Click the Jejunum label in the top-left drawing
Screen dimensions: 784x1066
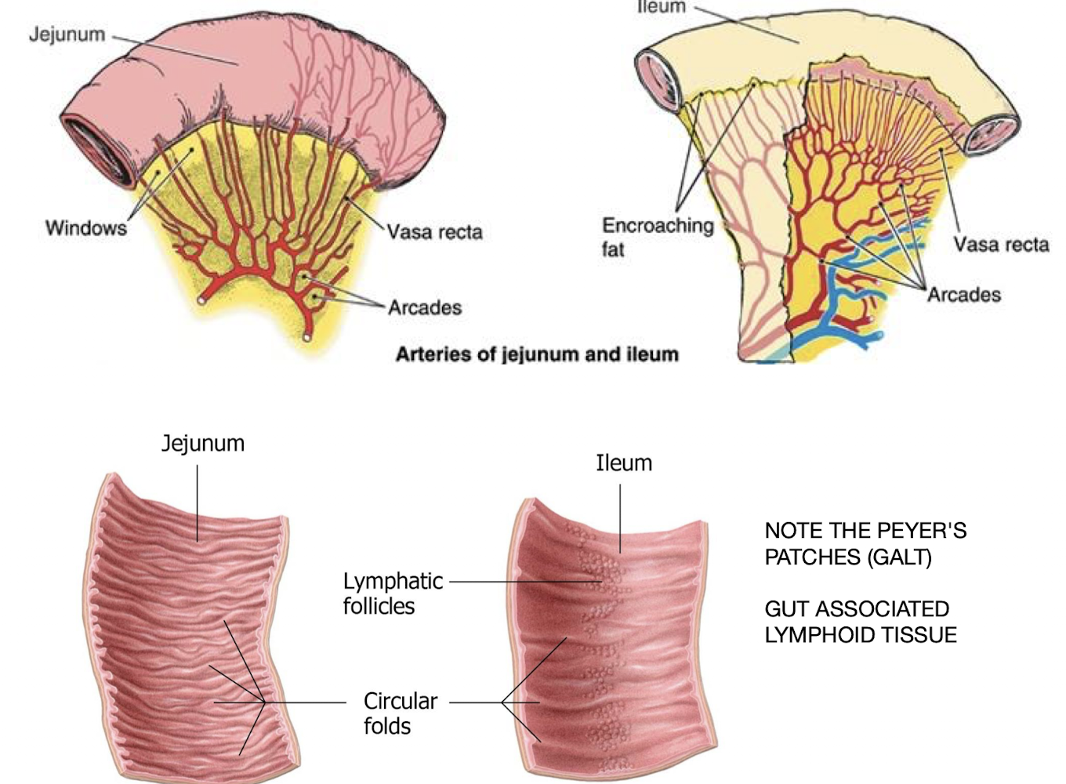click(67, 34)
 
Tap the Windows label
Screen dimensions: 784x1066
click(85, 228)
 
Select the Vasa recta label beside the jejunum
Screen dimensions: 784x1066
click(434, 232)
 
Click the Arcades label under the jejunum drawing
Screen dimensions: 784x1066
click(424, 307)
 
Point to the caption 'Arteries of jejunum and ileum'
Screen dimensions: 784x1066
click(537, 354)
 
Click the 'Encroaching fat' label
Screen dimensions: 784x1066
click(657, 237)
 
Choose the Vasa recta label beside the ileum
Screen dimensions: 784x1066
click(1001, 245)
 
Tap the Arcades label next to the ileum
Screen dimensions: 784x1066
click(964, 295)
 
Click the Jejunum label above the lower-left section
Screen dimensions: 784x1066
click(203, 444)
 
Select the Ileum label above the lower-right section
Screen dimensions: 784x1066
click(624, 463)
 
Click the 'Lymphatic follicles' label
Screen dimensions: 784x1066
click(392, 593)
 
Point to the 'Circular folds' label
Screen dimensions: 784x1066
click(400, 713)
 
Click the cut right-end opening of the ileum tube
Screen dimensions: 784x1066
click(991, 135)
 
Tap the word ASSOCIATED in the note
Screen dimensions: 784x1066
click(882, 609)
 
